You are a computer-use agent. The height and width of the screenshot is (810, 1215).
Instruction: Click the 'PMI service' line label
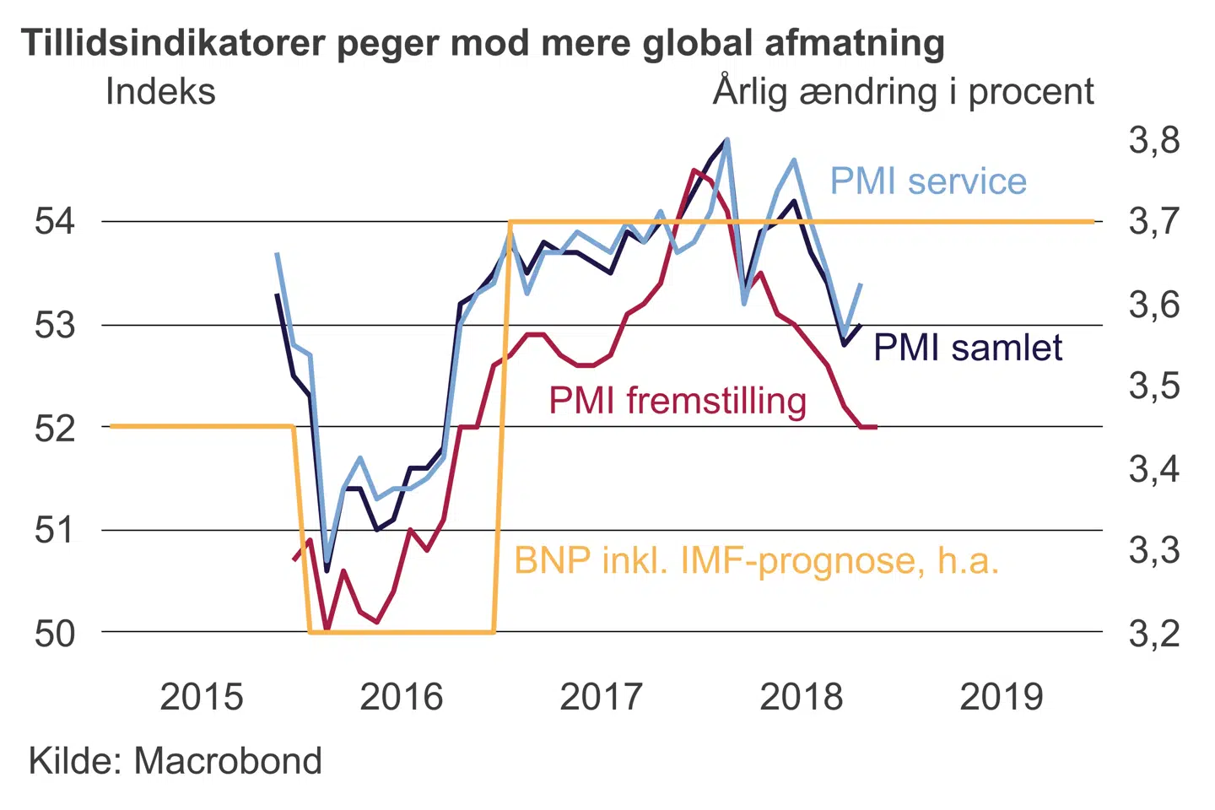click(x=928, y=181)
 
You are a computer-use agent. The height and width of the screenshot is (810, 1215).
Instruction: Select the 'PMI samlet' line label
click(x=968, y=348)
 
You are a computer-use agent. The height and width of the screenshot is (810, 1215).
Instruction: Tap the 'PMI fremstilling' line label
click(x=678, y=400)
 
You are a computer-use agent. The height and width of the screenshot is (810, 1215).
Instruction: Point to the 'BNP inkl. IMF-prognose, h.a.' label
click(x=756, y=560)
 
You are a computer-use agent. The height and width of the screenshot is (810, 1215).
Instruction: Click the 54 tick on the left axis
click(x=55, y=221)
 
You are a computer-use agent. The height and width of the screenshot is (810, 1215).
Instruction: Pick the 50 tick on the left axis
click(x=55, y=633)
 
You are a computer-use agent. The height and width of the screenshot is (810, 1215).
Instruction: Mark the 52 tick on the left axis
click(x=55, y=428)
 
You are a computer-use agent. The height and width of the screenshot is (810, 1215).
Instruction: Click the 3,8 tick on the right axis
click(x=1154, y=140)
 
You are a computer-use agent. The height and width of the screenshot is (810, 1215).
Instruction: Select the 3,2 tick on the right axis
click(x=1154, y=633)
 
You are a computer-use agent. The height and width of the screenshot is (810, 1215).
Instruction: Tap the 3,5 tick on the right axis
click(x=1154, y=386)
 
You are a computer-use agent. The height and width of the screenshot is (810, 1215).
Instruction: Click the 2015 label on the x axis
click(x=202, y=697)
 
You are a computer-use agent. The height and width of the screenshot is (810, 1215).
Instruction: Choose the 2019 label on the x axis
click(x=1002, y=697)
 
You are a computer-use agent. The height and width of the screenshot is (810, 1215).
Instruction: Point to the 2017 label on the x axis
click(x=602, y=697)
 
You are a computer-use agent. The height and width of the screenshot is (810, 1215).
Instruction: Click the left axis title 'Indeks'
click(x=160, y=91)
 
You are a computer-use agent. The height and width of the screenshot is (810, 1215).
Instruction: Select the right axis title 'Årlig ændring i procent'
click(x=904, y=91)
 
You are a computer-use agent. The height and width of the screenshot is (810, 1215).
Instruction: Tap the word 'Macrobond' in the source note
click(x=228, y=761)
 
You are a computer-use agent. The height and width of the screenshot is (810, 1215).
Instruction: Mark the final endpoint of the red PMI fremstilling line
click(x=877, y=427)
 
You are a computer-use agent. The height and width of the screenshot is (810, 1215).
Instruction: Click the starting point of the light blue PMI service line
click(x=277, y=253)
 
